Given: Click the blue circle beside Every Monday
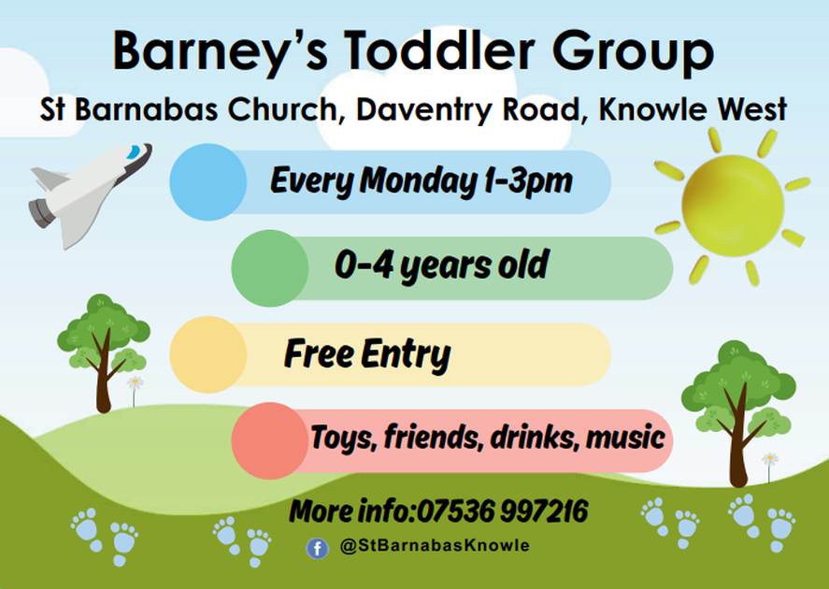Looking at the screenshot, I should [x=207, y=181].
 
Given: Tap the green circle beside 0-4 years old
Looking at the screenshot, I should [x=270, y=268].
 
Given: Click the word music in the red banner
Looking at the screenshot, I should [x=624, y=437].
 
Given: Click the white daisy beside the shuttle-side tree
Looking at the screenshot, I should [x=136, y=383].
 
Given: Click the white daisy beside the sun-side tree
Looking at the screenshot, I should [x=769, y=459].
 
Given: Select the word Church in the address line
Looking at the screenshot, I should [x=284, y=110].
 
